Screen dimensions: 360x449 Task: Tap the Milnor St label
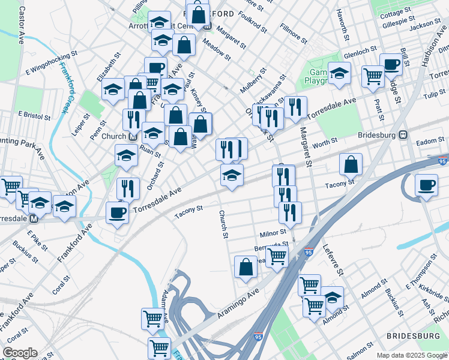tap(273, 232)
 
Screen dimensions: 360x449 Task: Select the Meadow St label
tap(217, 50)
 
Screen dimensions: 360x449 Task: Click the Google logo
tap(20, 353)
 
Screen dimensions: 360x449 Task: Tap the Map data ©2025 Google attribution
tap(412, 355)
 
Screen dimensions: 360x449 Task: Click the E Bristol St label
tap(36, 113)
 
